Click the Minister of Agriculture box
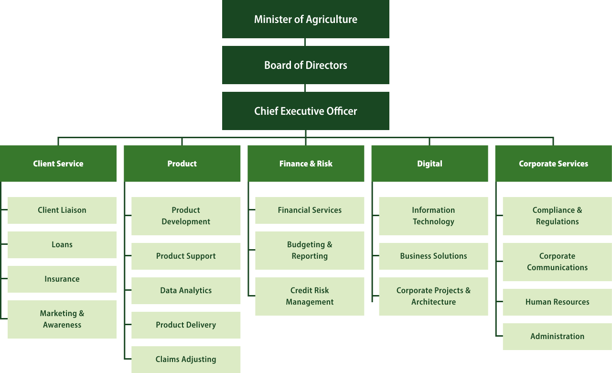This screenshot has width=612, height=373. point(306,19)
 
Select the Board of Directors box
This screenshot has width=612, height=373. point(306,65)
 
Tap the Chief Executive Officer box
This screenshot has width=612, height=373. point(306,111)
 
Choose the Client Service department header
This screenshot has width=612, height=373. point(58,164)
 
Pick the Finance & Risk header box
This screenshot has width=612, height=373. point(306,164)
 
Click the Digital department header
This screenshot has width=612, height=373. point(429,164)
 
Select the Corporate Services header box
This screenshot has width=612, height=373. point(553,164)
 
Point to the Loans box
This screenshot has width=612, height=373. point(62,245)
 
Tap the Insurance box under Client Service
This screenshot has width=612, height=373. point(62,279)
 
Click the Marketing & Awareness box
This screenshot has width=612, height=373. point(62,319)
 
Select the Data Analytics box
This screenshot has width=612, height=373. point(186,291)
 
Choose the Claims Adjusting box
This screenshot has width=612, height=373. point(186,360)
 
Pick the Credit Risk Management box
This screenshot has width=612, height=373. point(310,296)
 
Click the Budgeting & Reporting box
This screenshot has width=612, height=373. point(310,251)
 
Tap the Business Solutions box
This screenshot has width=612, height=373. point(433,256)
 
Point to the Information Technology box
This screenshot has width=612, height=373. point(433,216)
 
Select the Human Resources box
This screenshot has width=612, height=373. point(557,302)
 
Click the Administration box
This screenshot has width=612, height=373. point(557,337)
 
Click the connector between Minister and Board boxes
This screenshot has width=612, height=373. point(305,42)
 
